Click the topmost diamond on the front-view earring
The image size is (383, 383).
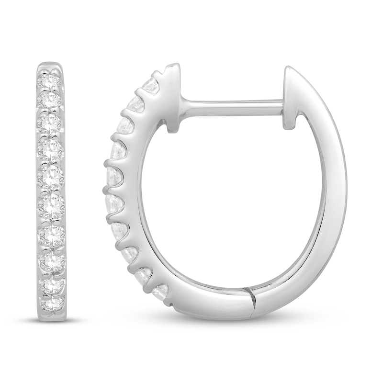(50, 80)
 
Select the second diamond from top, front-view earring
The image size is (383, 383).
(50, 100)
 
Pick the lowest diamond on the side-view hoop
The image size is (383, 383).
(161, 291)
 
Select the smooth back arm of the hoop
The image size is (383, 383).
(330, 191)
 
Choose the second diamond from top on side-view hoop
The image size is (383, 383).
(136, 104)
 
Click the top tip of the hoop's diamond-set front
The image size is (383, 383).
(172, 67)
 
